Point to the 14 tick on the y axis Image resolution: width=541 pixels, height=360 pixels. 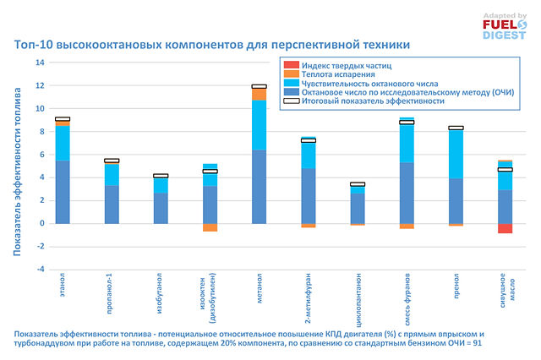(x=40, y=63)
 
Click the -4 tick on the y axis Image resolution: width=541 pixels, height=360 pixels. (x=40, y=270)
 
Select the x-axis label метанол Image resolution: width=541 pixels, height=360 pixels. (x=259, y=287)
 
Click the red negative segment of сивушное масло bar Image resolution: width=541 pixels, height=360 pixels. (x=505, y=228)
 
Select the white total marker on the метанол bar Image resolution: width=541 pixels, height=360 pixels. (x=259, y=86)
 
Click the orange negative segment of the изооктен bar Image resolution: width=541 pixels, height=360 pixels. (x=210, y=227)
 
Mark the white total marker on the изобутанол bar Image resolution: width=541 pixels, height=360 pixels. (x=161, y=176)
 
